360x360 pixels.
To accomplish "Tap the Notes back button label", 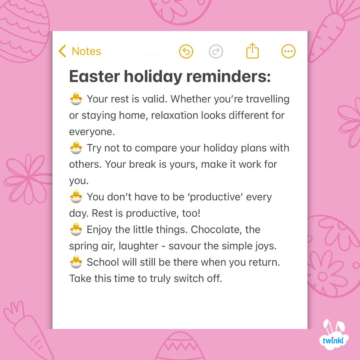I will click(86, 51).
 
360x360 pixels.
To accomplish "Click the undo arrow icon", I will click(186, 51).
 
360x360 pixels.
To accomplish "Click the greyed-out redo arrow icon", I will click(216, 51).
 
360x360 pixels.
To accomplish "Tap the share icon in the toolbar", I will click(252, 51).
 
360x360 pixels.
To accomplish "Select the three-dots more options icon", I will click(288, 51).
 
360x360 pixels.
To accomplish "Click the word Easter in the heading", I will click(94, 77).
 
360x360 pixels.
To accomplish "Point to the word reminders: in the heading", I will click(227, 77).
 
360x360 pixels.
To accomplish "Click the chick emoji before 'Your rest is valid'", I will click(76, 99).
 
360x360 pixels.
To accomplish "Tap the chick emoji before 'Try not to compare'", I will click(76, 148).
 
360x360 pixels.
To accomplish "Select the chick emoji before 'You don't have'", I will click(76, 197).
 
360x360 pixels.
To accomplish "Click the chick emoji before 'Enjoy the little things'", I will click(76, 229).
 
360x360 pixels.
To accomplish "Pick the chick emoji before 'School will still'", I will click(76, 262).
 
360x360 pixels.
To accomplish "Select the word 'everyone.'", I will click(92, 132).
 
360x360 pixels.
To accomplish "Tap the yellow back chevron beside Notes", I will click(62, 51).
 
